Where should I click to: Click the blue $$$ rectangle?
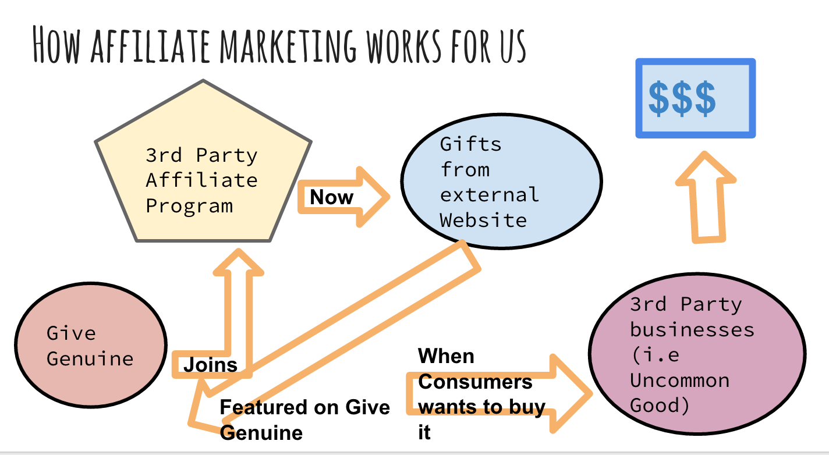[x=695, y=98]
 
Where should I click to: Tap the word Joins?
[x=211, y=365]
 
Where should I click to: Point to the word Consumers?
[x=475, y=382]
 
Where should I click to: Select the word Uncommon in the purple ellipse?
[x=679, y=381]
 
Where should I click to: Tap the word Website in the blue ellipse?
[x=483, y=221]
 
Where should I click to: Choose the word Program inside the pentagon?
[x=189, y=205]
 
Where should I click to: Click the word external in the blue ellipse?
[x=489, y=195]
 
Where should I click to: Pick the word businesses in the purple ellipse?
[x=692, y=330]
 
